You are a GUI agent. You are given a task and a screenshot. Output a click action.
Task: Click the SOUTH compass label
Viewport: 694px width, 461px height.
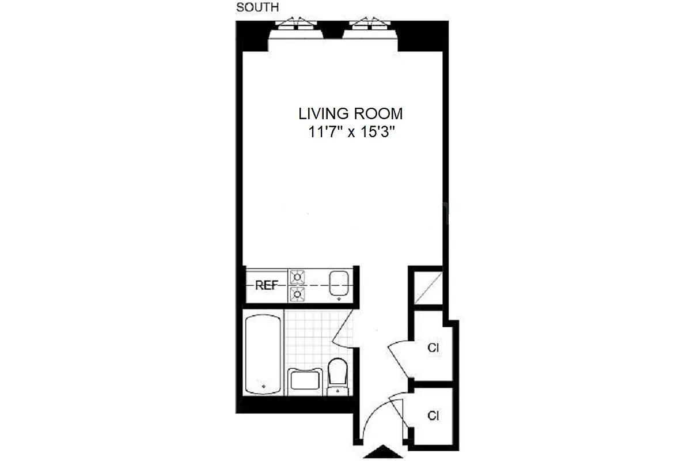pos(257,7)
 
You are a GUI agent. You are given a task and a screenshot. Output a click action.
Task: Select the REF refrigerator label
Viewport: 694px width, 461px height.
pos(267,285)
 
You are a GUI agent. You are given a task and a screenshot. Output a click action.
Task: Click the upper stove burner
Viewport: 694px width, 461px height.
pos(297,277)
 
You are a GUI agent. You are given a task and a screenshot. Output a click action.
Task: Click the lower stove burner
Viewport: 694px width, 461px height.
pos(297,294)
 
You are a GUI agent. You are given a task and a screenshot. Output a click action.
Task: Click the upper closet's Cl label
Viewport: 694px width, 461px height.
pos(434,348)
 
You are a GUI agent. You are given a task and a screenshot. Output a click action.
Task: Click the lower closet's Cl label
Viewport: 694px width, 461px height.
pos(434,415)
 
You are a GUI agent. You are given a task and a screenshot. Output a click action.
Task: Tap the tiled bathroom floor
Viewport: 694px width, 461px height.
pos(311,340)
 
